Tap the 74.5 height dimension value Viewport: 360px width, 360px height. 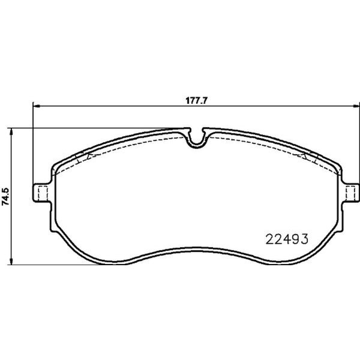coord(5,196)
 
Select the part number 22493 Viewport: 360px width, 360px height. coord(286,239)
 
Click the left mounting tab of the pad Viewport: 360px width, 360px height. coord(40,193)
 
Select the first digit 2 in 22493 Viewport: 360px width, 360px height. coord(269,239)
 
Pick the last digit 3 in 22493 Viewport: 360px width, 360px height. coord(304,239)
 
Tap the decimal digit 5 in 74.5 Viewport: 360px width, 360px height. coord(5,187)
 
